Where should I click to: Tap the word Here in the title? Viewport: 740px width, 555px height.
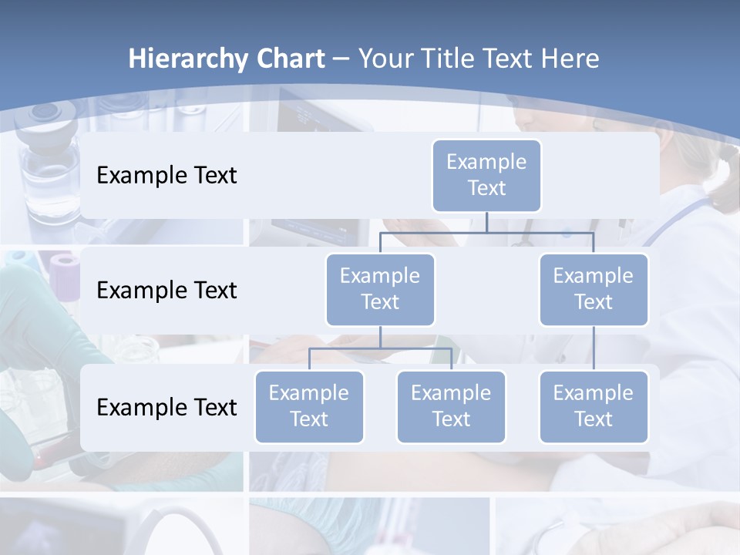(570, 59)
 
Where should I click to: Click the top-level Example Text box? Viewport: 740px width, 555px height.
(486, 176)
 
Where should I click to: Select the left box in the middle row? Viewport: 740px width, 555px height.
(380, 290)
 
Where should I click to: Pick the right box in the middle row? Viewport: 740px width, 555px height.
(594, 290)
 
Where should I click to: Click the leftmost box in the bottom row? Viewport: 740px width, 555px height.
(309, 407)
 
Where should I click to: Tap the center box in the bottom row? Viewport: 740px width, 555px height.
(451, 407)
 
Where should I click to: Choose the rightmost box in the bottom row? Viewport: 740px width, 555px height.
(594, 407)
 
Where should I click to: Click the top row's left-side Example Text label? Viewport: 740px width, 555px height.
(166, 176)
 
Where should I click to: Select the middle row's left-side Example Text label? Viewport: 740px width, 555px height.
(166, 291)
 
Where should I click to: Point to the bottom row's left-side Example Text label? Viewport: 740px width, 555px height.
(166, 407)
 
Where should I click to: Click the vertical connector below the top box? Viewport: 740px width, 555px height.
(486, 222)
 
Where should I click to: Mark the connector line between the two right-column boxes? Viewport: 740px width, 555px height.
(594, 348)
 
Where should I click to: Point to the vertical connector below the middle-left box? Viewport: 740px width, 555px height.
(380, 338)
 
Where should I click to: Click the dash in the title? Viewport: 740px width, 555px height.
(341, 59)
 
